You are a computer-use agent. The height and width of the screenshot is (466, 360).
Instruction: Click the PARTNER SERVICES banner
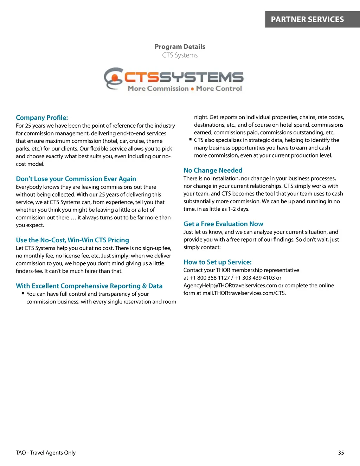pos(307,19)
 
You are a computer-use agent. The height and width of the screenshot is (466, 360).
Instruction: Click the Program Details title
pos(180,46)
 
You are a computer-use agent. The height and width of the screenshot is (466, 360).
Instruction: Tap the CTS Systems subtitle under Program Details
pos(180,55)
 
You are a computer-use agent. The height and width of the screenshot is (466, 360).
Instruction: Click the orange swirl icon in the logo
pos(113,78)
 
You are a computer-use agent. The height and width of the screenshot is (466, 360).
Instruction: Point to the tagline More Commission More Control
pos(185,89)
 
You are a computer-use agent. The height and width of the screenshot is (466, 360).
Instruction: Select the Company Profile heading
pos(42,117)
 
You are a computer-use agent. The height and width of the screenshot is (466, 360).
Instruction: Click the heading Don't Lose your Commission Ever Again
pos(76,179)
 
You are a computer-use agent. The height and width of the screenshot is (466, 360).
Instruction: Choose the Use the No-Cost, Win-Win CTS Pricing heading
pos(72,240)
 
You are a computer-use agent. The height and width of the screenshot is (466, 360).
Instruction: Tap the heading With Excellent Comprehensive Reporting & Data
pos(89,286)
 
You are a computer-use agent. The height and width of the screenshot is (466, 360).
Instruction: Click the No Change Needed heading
pos(213,170)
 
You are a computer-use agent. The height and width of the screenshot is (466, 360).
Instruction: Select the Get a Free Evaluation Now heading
pos(223,224)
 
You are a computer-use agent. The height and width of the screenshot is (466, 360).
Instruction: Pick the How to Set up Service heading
pos(217,262)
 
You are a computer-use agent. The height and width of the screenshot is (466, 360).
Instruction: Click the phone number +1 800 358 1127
pos(210,278)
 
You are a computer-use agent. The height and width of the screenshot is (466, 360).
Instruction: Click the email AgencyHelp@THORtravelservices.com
pos(230,286)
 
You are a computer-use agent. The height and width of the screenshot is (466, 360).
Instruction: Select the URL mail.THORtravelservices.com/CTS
pos(244,293)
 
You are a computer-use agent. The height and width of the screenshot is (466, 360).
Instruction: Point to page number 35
pos(341,453)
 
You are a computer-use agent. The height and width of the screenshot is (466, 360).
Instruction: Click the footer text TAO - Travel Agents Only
pos(46,453)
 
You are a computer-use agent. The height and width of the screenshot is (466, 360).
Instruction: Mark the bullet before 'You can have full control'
pos(23,293)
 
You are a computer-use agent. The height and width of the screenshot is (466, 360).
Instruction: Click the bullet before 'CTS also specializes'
pos(191,139)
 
